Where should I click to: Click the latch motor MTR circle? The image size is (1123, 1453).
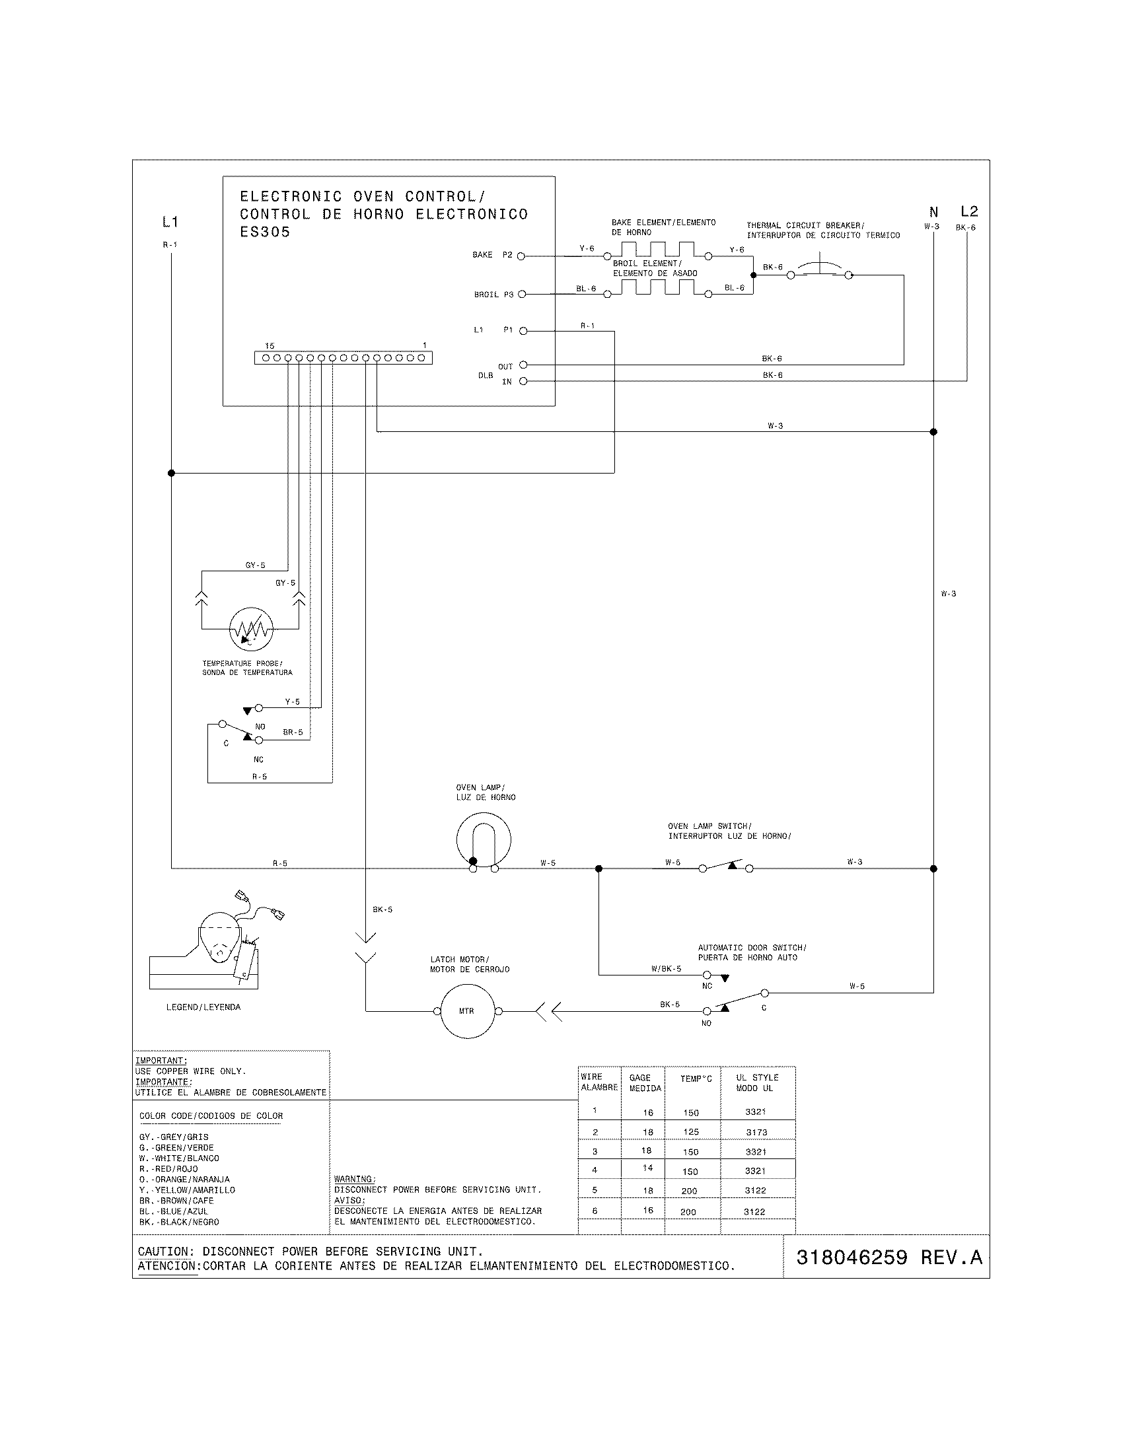467,1011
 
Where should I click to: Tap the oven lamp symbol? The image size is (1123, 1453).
484,839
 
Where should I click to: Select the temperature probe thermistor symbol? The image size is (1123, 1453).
251,629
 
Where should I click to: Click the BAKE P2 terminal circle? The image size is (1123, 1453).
521,256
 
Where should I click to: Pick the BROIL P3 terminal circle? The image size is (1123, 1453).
522,294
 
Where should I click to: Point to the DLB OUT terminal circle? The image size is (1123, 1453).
523,365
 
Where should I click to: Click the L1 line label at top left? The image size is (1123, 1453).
170,221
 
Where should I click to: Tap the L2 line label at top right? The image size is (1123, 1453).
968,211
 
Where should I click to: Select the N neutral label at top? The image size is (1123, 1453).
933,212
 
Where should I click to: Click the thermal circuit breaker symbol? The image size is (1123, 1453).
820,270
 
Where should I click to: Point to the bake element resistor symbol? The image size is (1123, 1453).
657,251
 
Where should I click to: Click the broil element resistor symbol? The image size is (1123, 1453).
657,288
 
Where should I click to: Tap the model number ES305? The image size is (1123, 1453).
265,232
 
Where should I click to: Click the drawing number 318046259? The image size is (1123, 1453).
851,1258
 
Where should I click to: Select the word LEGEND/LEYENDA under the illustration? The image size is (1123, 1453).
203,1007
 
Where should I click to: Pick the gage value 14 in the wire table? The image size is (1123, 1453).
647,1168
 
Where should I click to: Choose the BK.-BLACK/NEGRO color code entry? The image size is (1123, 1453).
179,1222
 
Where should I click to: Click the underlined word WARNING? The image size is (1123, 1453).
354,1179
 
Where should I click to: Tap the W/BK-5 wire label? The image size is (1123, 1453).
666,969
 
